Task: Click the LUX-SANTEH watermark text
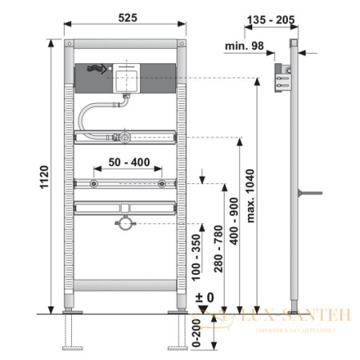(292, 318)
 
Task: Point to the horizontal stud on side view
(309, 193)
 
